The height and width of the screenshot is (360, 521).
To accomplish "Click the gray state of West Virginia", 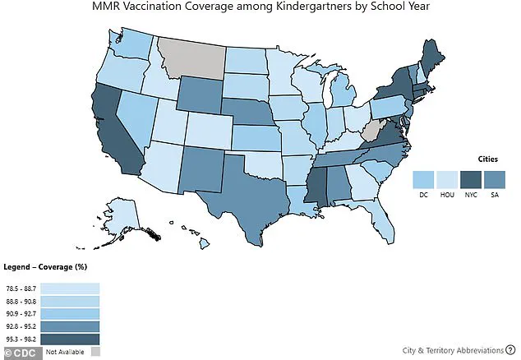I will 370,131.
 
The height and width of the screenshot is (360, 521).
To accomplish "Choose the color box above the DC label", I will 425,179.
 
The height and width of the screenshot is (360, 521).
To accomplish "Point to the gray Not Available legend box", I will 97,352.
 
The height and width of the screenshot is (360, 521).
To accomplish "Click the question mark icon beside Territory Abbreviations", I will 509,349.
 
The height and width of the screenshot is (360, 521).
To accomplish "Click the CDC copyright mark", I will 18,352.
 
